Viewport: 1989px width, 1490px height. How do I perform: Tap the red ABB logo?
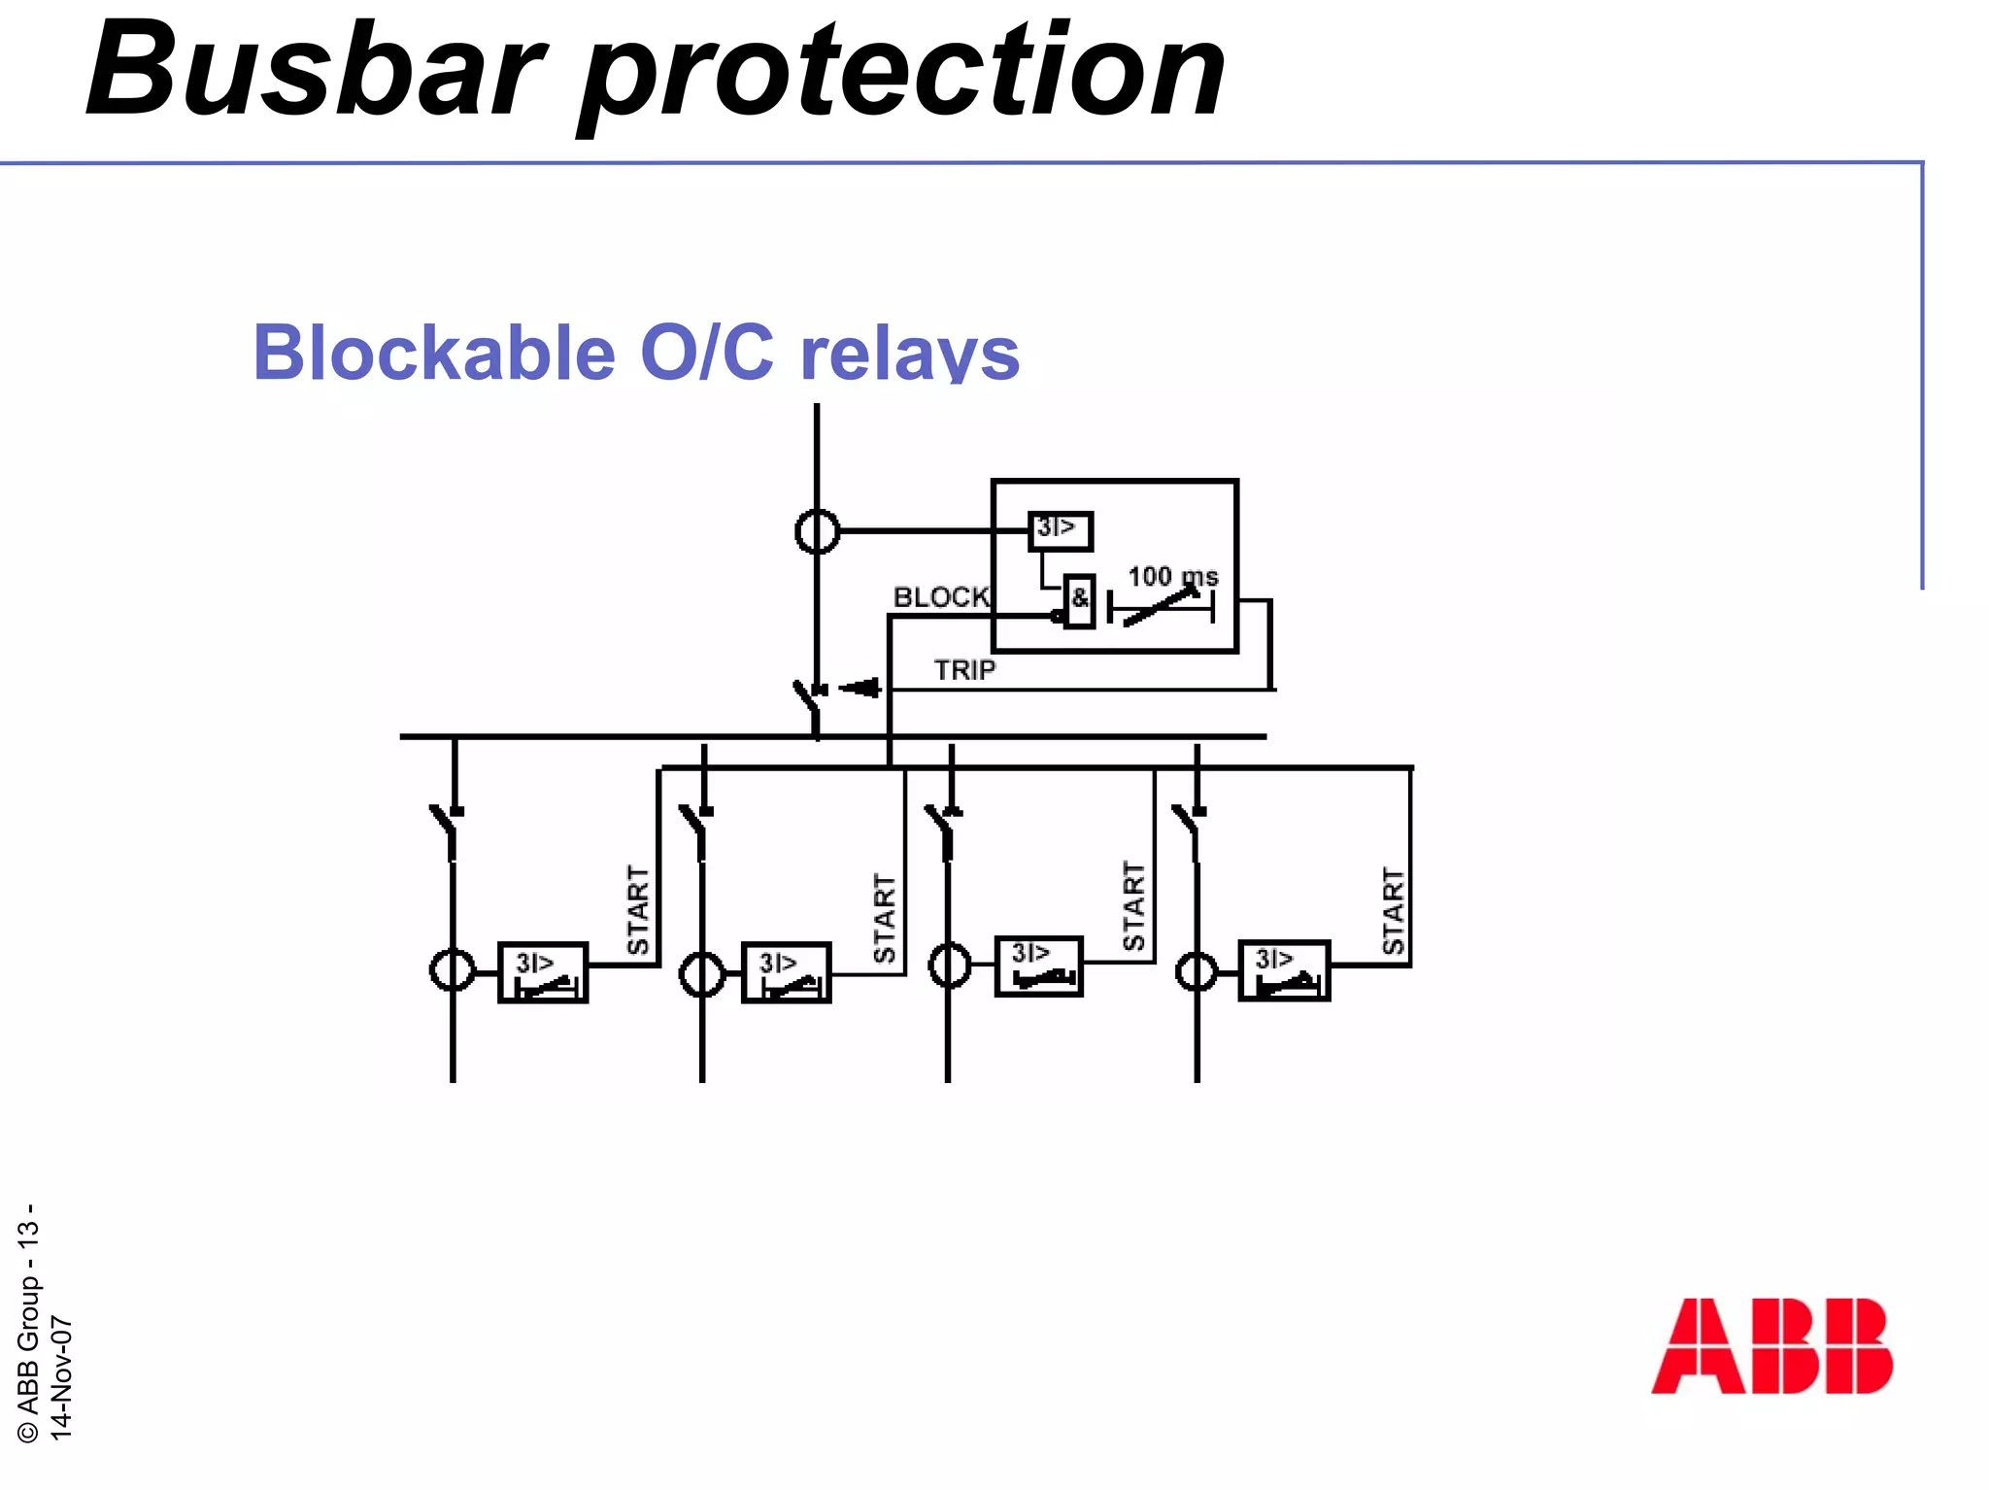1771,1345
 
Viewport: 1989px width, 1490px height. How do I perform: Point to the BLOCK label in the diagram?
941,597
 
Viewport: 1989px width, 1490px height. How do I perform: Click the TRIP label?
964,670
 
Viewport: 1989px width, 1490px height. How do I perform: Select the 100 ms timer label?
1172,577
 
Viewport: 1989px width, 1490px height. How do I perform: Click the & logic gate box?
1079,601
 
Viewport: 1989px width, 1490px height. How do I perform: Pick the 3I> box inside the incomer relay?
1060,530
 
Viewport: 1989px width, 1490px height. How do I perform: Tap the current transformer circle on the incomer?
817,531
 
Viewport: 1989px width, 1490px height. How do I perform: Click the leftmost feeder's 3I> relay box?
543,972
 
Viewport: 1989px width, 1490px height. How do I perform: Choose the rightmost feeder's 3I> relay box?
1284,970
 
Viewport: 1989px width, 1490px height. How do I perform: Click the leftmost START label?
638,910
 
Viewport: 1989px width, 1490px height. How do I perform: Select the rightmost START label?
1394,910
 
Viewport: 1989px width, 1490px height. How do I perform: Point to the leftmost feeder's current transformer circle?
453,970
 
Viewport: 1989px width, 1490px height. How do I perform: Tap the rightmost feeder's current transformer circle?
1197,971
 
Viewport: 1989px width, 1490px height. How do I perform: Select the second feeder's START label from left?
885,918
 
